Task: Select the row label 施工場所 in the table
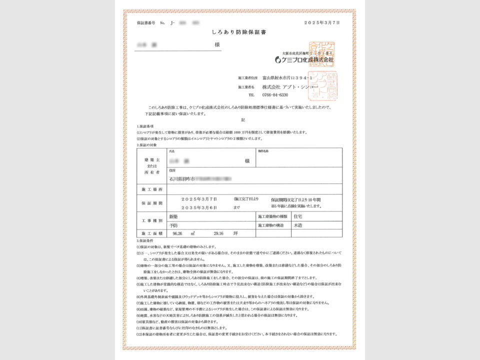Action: click(151, 190)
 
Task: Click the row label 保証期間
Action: click(151, 203)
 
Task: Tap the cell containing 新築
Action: click(173, 217)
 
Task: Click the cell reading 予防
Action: click(173, 225)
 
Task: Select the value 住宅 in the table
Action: click(299, 217)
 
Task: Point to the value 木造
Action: click(299, 225)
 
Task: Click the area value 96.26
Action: click(178, 233)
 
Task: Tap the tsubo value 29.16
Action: click(219, 233)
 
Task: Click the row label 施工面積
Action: click(151, 233)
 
